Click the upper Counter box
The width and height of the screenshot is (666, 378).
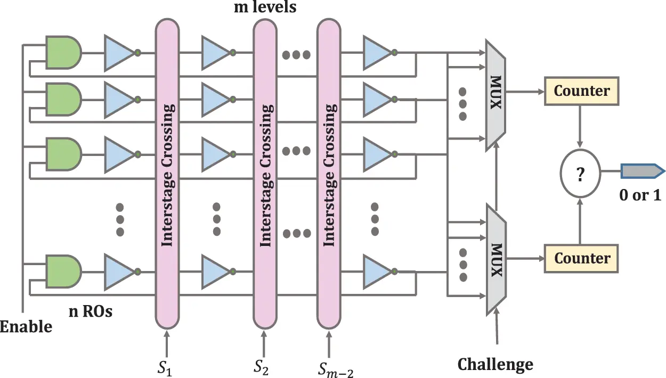(x=582, y=91)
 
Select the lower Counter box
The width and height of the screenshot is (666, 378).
(x=581, y=259)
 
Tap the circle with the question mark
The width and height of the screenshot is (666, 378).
(x=580, y=173)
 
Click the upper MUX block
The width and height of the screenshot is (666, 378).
(x=496, y=95)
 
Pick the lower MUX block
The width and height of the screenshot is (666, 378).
(x=496, y=259)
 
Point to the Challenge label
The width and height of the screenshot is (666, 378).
(x=496, y=364)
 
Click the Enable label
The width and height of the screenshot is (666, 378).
(x=26, y=326)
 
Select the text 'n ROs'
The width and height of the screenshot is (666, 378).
(x=91, y=312)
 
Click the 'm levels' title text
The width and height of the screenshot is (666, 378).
(x=265, y=7)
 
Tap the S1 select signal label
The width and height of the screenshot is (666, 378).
(x=165, y=368)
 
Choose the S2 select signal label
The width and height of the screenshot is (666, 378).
(x=261, y=367)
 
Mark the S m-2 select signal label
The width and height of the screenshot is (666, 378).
(x=336, y=369)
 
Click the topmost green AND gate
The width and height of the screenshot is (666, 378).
(x=63, y=53)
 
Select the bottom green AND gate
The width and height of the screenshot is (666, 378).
(x=63, y=272)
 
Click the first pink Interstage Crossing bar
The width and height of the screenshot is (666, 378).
(x=167, y=174)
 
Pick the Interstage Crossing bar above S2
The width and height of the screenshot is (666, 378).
(x=265, y=174)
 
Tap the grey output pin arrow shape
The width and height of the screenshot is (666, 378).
(x=642, y=171)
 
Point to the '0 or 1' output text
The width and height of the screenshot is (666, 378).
(x=640, y=195)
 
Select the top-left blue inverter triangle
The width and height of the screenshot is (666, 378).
(x=119, y=53)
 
